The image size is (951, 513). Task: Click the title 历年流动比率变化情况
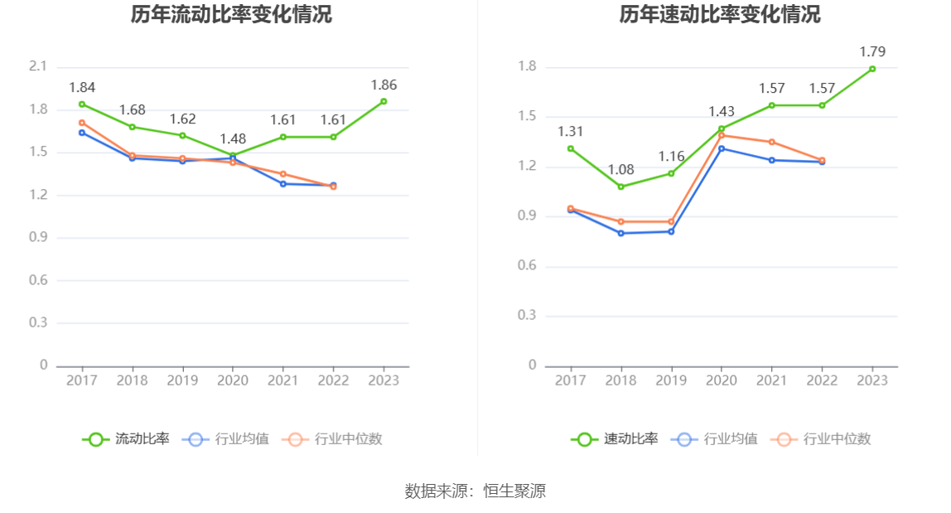pos(231,15)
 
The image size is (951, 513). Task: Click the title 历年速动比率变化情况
pos(720,15)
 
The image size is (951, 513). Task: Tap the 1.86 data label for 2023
pos(384,85)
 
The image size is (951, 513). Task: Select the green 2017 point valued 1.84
pos(82,104)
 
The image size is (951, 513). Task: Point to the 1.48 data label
pos(233,138)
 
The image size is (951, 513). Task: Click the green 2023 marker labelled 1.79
pos(872,69)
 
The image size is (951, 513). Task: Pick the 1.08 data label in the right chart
pos(620,170)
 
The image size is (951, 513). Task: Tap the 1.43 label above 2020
pos(721,112)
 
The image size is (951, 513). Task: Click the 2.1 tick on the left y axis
pos(38,67)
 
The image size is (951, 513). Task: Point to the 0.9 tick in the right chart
pos(527,216)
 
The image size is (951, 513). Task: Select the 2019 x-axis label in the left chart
pos(182,380)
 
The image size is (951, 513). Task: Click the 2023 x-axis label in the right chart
pos(872,380)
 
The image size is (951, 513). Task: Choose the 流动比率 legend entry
pos(126,439)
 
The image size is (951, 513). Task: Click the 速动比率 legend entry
pos(615,439)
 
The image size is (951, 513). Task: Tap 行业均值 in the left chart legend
pos(228,439)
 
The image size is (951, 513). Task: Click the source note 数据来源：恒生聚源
pos(475,491)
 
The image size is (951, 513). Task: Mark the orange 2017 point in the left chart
pos(82,123)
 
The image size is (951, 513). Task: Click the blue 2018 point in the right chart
pos(620,233)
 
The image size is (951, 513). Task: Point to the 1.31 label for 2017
pos(571,132)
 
